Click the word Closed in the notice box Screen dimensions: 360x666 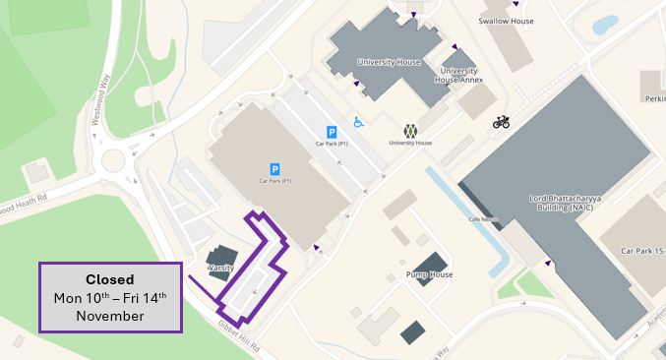[x=109, y=279]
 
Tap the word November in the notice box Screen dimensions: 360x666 [x=109, y=316]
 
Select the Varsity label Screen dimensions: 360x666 [x=218, y=268]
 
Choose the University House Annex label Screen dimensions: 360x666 [x=457, y=76]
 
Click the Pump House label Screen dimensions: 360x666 [x=429, y=275]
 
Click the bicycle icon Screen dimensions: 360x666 [x=502, y=122]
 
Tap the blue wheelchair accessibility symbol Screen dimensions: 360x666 [x=359, y=122]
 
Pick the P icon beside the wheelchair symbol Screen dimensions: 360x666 [x=332, y=132]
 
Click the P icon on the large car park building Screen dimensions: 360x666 [x=274, y=169]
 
